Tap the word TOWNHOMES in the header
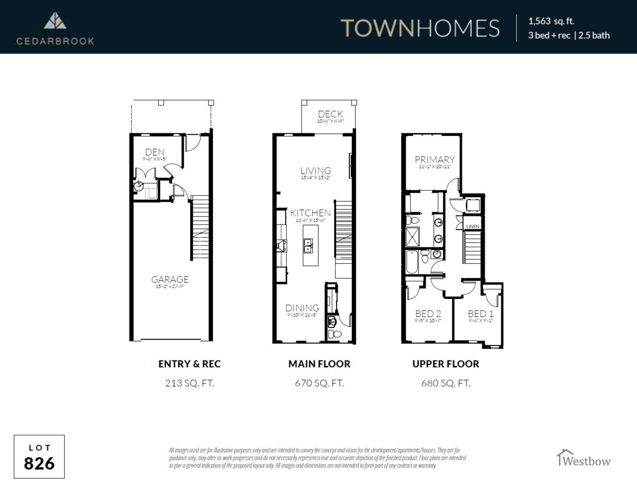pyautogui.click(x=419, y=28)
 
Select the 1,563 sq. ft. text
pyautogui.click(x=551, y=22)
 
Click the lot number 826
pyautogui.click(x=39, y=463)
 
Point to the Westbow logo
pyautogui.click(x=583, y=458)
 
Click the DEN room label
pyautogui.click(x=154, y=152)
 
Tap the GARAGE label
pyautogui.click(x=170, y=279)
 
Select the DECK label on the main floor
pyautogui.click(x=330, y=114)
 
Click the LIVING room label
pyautogui.click(x=315, y=170)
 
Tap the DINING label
pyautogui.click(x=302, y=308)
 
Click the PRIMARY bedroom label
pyautogui.click(x=435, y=159)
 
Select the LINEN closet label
pyautogui.click(x=472, y=227)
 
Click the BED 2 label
pyautogui.click(x=428, y=314)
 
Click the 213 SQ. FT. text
pyautogui.click(x=190, y=382)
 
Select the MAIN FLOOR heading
pyautogui.click(x=319, y=364)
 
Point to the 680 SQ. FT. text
pyautogui.click(x=445, y=382)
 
